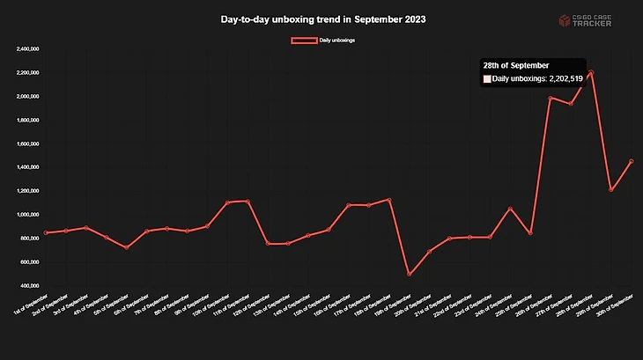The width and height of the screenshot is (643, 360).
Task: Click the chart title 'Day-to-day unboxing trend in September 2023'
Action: [322, 18]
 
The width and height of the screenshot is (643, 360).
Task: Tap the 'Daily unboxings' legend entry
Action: [323, 40]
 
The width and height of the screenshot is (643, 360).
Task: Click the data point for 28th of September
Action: [590, 72]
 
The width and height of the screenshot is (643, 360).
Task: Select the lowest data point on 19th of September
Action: [409, 275]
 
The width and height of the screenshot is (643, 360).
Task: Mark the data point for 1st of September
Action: [46, 233]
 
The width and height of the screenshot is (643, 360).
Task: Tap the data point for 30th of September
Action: [631, 161]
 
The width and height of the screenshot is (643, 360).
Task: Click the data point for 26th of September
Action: [551, 99]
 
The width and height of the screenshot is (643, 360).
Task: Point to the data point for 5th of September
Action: [127, 248]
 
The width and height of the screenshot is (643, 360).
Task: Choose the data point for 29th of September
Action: [610, 189]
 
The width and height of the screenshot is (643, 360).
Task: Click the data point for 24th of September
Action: [510, 209]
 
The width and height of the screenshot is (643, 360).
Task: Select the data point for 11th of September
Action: [248, 202]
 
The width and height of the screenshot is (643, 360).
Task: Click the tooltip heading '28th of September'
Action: [516, 65]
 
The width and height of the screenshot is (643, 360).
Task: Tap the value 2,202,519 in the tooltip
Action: [560, 79]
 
